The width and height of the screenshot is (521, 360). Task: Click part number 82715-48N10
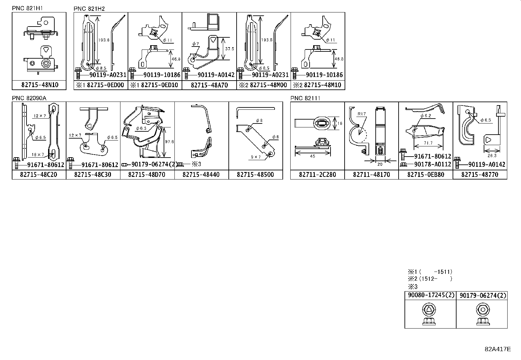click(39, 85)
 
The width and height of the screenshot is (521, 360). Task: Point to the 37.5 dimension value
click(230, 48)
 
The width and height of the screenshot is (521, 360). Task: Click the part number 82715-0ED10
click(154, 85)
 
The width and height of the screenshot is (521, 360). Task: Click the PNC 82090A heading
click(29, 98)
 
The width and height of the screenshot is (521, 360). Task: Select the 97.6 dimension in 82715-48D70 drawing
click(169, 142)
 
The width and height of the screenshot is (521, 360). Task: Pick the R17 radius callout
click(362, 114)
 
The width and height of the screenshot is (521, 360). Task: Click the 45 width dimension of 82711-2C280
click(312, 156)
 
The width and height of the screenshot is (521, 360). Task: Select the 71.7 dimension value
click(427, 143)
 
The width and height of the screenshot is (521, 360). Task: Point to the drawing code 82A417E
click(497, 349)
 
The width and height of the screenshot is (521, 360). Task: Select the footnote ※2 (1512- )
click(429, 279)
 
